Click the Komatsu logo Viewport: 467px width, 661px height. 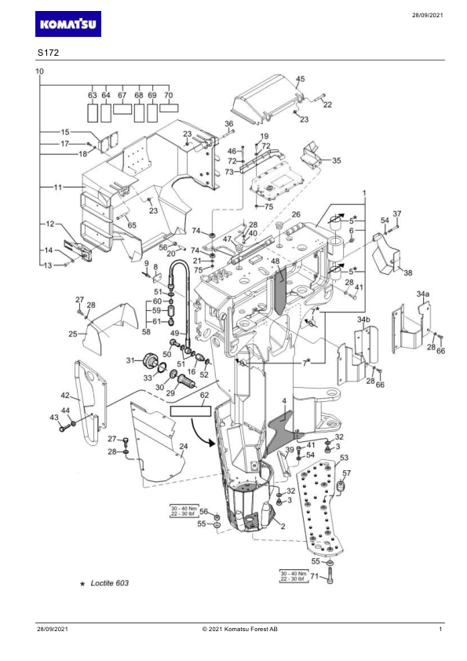[67, 24]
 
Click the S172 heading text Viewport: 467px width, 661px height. [48, 53]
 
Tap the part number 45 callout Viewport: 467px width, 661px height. [300, 79]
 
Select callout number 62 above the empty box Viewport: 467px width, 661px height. [204, 396]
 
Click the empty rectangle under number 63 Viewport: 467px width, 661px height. [93, 112]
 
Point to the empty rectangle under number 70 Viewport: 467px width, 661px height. [169, 108]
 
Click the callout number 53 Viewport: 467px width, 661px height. [344, 458]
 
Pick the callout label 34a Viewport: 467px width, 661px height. [423, 294]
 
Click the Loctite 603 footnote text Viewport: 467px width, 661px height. [110, 583]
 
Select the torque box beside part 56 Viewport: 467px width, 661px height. [184, 511]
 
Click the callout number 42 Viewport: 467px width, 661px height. [65, 396]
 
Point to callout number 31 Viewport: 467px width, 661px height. [130, 360]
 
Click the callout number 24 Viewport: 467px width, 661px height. [184, 447]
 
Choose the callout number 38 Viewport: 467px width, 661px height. [408, 272]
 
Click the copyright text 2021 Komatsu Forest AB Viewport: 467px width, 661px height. [240, 630]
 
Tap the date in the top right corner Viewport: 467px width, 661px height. [428, 16]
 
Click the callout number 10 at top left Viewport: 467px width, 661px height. [39, 71]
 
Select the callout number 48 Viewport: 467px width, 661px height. [275, 261]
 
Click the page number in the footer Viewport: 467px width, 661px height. [440, 630]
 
